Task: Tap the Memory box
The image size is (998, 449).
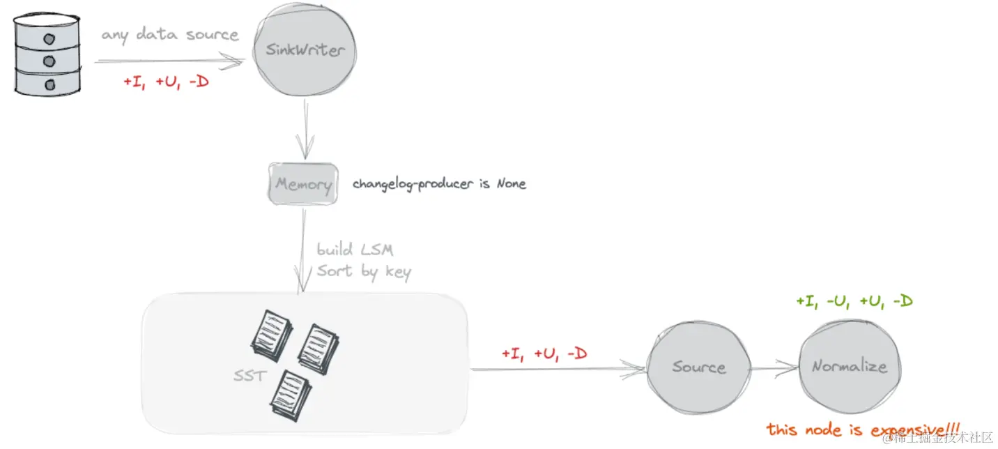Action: tap(303, 184)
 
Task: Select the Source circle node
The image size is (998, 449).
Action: tap(698, 367)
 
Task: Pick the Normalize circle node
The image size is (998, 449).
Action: tap(849, 367)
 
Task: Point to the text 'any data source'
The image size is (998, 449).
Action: tap(170, 34)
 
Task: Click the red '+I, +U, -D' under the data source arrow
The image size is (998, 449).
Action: tap(166, 82)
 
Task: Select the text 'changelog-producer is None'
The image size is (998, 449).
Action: tap(439, 184)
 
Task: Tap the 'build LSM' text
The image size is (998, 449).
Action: tap(356, 250)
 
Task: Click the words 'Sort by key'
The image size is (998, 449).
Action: tap(364, 271)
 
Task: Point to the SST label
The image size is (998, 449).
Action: tap(249, 376)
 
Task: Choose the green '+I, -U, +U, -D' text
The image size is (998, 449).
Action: tap(854, 302)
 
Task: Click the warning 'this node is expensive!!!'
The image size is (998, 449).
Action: tap(863, 429)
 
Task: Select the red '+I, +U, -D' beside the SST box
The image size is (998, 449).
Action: tap(544, 354)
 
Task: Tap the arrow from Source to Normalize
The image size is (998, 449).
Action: tap(774, 367)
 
